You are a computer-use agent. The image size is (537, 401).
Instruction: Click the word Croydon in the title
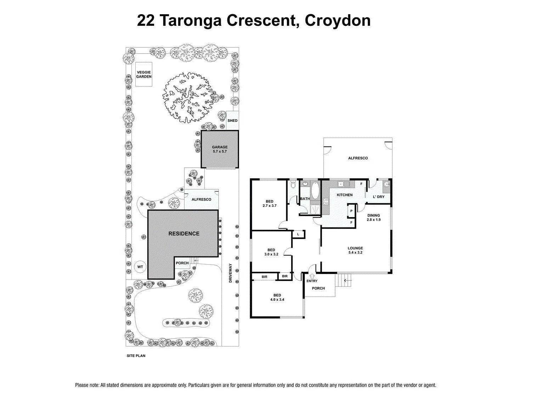pos(338,21)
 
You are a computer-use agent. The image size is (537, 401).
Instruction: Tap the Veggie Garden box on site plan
pos(144,74)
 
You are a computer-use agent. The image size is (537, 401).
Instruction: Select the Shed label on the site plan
pos(232,120)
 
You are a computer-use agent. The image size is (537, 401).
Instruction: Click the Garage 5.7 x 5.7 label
pos(220,149)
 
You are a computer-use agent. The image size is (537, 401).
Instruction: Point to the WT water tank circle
pos(140,267)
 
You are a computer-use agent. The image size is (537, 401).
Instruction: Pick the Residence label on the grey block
pos(183,233)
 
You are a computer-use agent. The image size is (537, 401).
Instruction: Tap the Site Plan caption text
pos(136,356)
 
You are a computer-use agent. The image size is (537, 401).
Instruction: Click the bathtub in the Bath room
pos(315,191)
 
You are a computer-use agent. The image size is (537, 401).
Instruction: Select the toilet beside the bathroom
pos(293,185)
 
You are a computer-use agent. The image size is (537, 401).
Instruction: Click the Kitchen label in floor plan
pos(344,195)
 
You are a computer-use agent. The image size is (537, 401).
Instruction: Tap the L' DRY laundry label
pos(378,197)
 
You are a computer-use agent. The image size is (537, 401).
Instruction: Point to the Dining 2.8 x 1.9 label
pos(373,217)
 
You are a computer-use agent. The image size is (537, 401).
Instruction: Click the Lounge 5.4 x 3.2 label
pos(355,250)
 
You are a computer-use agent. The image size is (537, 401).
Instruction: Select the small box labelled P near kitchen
pos(351,211)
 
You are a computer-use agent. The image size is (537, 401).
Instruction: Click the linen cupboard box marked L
pos(298,234)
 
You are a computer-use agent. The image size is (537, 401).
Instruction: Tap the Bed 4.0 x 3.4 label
pos(277,297)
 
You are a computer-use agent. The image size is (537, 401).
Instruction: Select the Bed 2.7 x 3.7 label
pos(269,203)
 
